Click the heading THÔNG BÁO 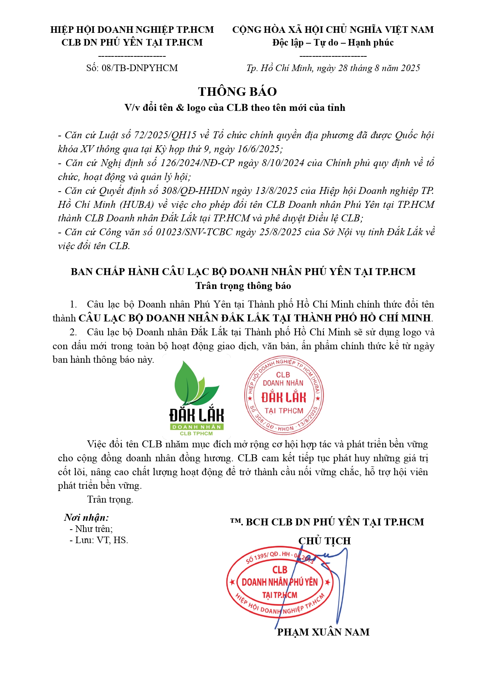point(237,92)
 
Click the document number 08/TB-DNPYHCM point(140,68)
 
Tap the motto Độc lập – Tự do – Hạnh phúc point(333,42)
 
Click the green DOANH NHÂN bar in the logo point(197,427)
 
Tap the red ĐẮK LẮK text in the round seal point(284,398)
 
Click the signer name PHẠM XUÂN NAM point(323,632)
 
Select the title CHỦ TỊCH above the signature point(324,541)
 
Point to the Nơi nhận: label point(87,517)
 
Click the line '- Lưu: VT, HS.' point(99,540)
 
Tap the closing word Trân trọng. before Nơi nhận point(110,499)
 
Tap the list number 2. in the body point(73,332)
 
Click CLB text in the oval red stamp point(279,570)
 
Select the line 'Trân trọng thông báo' point(243,285)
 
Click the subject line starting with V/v point(235,107)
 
